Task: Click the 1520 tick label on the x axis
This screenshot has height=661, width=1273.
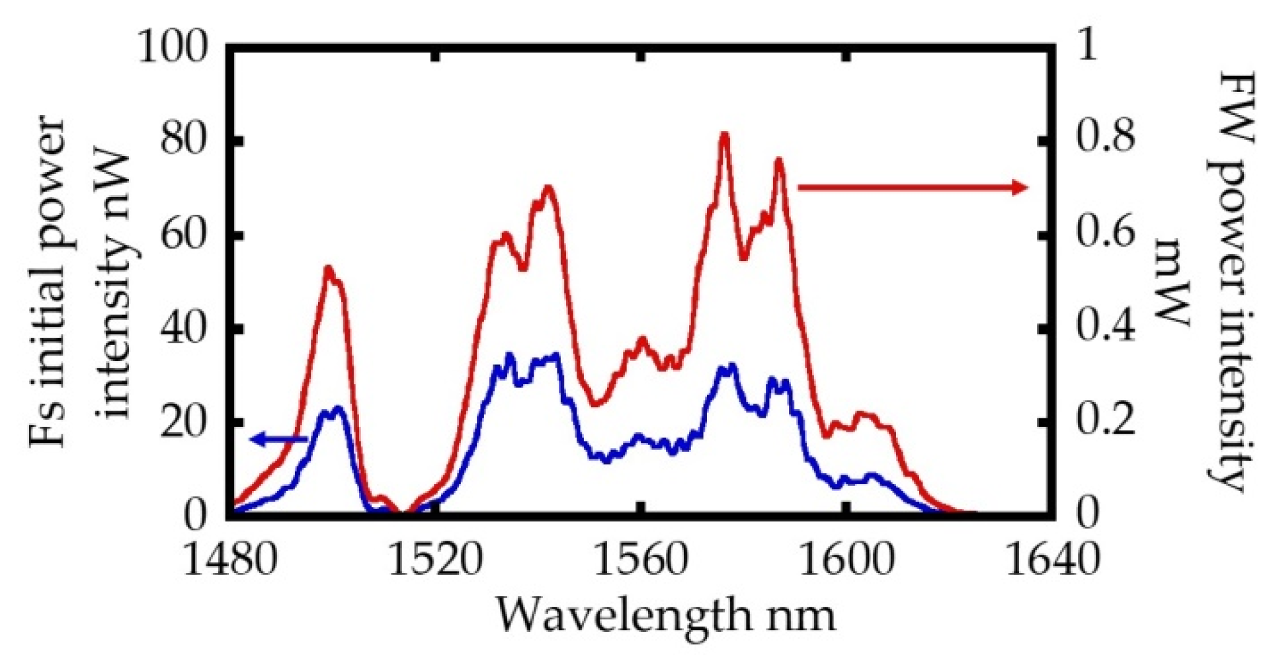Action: pos(433,561)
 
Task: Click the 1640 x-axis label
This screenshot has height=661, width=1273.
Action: pos(1052,561)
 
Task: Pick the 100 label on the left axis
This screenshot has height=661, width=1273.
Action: pos(173,48)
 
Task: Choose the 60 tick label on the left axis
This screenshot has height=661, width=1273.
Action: pos(185,236)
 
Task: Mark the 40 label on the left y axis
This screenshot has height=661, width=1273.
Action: pos(185,329)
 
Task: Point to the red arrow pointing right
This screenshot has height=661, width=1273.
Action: pos(913,188)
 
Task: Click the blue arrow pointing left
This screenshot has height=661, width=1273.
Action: pos(278,438)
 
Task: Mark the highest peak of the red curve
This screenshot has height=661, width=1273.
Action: pos(724,135)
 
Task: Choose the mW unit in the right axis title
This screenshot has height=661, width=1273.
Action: pos(1174,281)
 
